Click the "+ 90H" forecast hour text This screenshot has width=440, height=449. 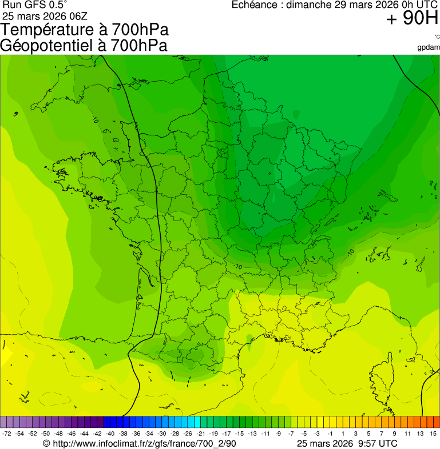point(412,19)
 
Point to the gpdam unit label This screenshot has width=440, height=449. point(429,47)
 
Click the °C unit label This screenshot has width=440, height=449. point(437,37)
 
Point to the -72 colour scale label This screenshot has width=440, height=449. point(7,434)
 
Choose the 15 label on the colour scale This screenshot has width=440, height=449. point(434,434)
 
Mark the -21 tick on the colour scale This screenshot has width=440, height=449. point(200,434)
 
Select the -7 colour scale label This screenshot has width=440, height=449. point(291,434)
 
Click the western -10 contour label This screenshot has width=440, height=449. point(237,266)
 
